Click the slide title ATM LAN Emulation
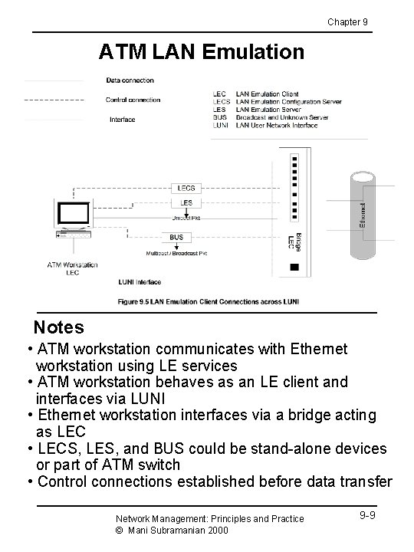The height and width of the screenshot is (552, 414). (202, 52)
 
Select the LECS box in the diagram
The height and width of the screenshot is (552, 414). (187, 187)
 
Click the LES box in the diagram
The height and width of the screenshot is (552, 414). (187, 202)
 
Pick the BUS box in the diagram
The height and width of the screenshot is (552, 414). (177, 238)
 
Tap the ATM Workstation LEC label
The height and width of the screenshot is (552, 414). (73, 268)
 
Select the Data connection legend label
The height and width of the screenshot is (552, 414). (130, 80)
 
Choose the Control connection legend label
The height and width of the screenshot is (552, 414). (133, 100)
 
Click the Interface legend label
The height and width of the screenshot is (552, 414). (123, 119)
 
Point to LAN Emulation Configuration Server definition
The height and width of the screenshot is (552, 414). (290, 102)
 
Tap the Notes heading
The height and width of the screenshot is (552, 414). (59, 327)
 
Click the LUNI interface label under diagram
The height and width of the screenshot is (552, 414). (140, 282)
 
